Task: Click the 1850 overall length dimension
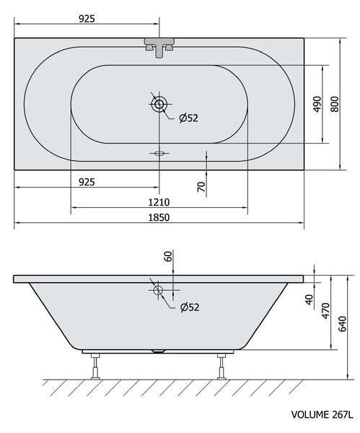pos(159,218)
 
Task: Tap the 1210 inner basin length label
pos(159,202)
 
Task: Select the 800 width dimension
pos(335,104)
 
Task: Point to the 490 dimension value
pos(317,104)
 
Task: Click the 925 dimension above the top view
pos(87,19)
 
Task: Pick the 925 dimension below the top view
pos(87,182)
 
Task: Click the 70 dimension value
pos(201,187)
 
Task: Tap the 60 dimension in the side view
pos(168,256)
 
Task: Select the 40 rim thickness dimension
pos(309,299)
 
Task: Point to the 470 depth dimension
pos(326,310)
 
